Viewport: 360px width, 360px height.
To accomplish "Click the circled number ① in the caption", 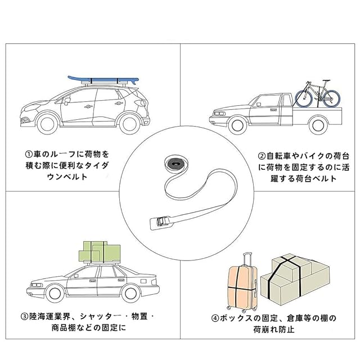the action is (x=28, y=153).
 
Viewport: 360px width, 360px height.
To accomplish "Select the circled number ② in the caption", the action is (x=262, y=156).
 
